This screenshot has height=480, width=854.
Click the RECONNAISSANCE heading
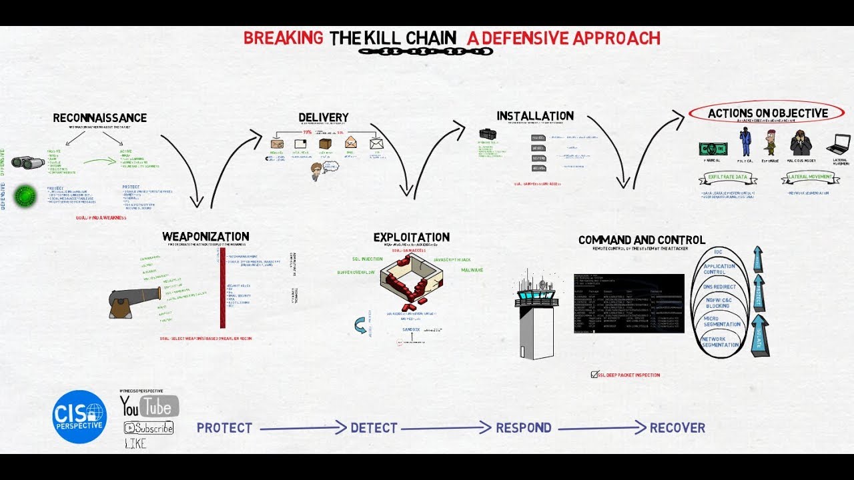100,118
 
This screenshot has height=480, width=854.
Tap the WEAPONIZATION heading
205,237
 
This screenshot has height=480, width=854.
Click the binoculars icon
28,162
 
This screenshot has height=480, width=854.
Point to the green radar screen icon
27,194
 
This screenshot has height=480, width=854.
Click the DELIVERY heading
324,118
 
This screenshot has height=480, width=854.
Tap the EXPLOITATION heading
412,237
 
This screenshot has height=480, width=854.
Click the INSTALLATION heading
535,116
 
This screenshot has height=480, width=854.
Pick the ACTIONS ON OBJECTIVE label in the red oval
767,113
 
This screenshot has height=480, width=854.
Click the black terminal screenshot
629,303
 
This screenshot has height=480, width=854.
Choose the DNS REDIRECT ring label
720,287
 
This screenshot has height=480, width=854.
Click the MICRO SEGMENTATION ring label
722,321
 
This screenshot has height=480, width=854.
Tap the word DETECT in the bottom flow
374,428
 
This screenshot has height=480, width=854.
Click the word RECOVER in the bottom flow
677,428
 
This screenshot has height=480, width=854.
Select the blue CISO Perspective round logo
79,417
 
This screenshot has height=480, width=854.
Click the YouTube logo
149,406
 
